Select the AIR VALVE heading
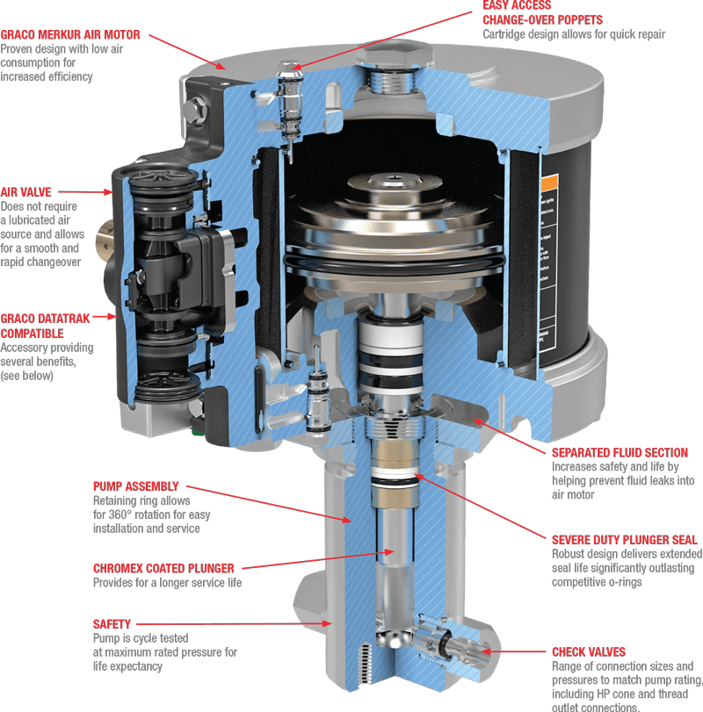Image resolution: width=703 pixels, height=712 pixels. point(26,191)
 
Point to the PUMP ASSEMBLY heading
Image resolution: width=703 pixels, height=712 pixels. point(136,485)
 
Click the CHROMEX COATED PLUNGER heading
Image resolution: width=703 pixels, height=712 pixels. point(163,568)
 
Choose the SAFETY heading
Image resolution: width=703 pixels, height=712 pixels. point(112,624)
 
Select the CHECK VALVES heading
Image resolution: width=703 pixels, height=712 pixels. point(589,652)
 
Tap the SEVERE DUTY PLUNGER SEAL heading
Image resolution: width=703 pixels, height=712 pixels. point(624,540)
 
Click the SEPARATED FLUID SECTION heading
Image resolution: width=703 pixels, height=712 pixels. point(620,453)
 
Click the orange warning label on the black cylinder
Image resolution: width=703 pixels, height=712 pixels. point(551,184)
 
